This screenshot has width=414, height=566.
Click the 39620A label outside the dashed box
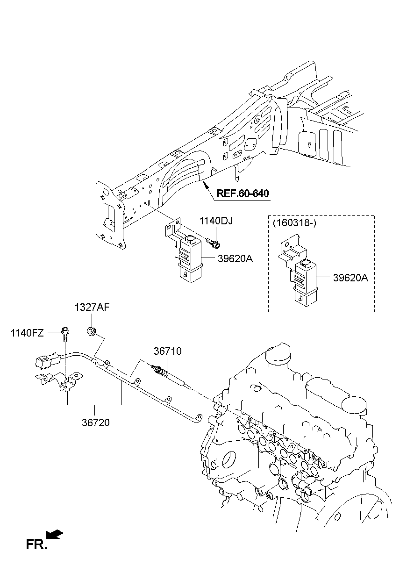click(235, 258)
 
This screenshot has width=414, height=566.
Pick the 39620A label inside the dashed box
click(350, 278)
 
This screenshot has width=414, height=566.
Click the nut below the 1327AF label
click(91, 332)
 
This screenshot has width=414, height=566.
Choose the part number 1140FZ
click(28, 333)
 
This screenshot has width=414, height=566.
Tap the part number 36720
click(95, 423)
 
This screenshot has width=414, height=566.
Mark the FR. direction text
click(36, 544)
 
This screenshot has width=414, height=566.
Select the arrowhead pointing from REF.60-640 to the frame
click(204, 186)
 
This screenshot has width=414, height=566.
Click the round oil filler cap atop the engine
click(279, 355)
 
